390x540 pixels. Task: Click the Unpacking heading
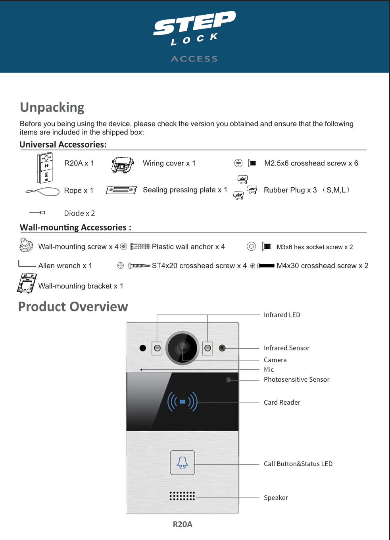[x=52, y=108]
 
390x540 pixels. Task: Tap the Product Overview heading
[x=73, y=307]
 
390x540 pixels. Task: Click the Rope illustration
[x=42, y=192]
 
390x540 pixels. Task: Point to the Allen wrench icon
[x=27, y=264]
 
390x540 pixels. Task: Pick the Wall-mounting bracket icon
[x=27, y=283]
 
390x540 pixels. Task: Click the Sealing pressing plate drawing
[x=121, y=190]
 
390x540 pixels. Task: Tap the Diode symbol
[x=37, y=213]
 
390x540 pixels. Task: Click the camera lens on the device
[x=183, y=348]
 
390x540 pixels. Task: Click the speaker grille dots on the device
[x=182, y=496]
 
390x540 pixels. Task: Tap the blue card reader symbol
[x=183, y=402]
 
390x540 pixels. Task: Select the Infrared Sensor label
[x=286, y=348]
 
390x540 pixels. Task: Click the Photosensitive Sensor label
[x=296, y=379]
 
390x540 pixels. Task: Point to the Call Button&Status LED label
[x=298, y=464]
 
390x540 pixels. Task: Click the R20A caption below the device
[x=183, y=524]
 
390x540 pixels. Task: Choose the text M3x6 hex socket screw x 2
[x=315, y=247]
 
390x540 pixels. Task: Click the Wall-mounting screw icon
[x=26, y=245]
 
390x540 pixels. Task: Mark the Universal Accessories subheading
[x=63, y=144]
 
